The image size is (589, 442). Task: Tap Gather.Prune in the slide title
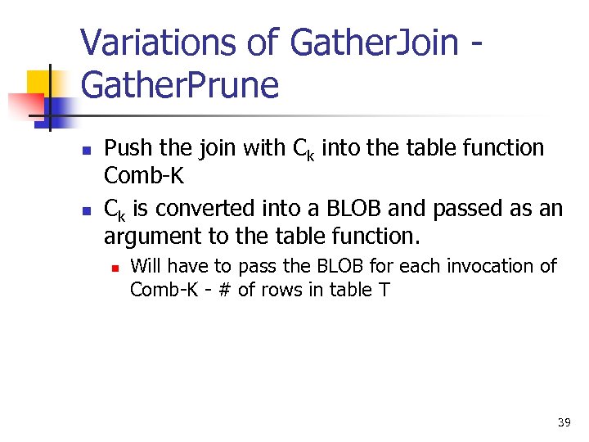(x=180, y=83)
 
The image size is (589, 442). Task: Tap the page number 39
(x=564, y=422)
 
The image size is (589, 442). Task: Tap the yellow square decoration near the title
(x=39, y=82)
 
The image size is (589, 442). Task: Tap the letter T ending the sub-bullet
(x=384, y=290)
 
